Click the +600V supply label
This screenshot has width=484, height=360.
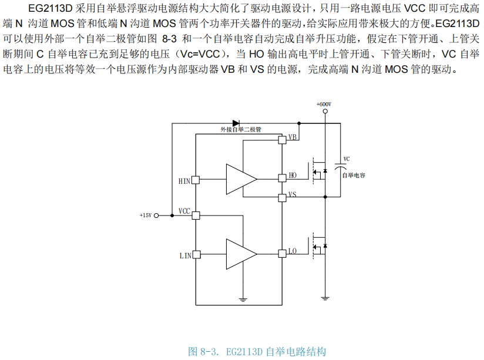pos(324,104)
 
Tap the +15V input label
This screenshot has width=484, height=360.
pos(146,216)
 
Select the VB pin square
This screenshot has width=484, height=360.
pos(282,139)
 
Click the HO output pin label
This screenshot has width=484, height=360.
pos(293,176)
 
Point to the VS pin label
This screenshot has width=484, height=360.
pos(293,195)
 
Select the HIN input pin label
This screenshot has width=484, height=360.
pos(184,180)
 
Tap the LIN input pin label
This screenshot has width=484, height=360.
pos(184,255)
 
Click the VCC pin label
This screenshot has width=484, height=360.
pos(184,211)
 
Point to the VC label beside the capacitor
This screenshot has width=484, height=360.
pos(347,159)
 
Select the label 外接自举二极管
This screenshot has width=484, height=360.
pos(241,130)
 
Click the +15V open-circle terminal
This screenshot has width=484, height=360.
pos(157,216)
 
